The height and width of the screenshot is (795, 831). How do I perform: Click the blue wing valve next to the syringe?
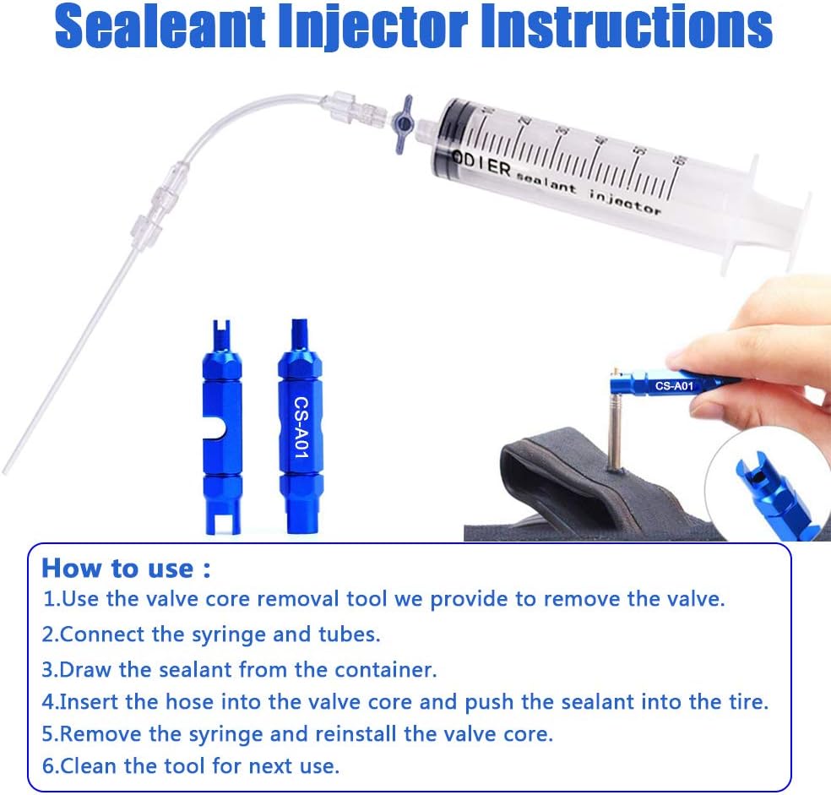(x=404, y=125)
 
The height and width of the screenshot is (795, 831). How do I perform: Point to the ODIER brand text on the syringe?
(x=481, y=164)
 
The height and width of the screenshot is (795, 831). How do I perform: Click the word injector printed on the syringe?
(x=626, y=203)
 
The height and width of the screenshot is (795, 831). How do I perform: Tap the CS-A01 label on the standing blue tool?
(x=301, y=427)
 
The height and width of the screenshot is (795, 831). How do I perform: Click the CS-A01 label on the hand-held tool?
(x=674, y=385)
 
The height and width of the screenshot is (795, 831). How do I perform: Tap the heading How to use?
(x=126, y=568)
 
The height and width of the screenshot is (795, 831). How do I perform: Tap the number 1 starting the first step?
(x=49, y=599)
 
